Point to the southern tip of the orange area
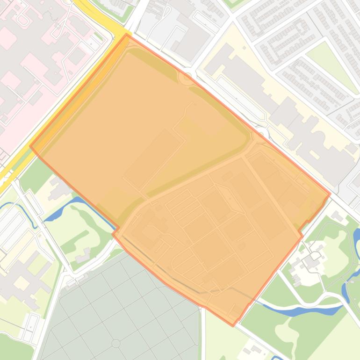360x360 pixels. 233,325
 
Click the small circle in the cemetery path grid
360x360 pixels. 115,343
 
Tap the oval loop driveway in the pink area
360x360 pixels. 21,19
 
